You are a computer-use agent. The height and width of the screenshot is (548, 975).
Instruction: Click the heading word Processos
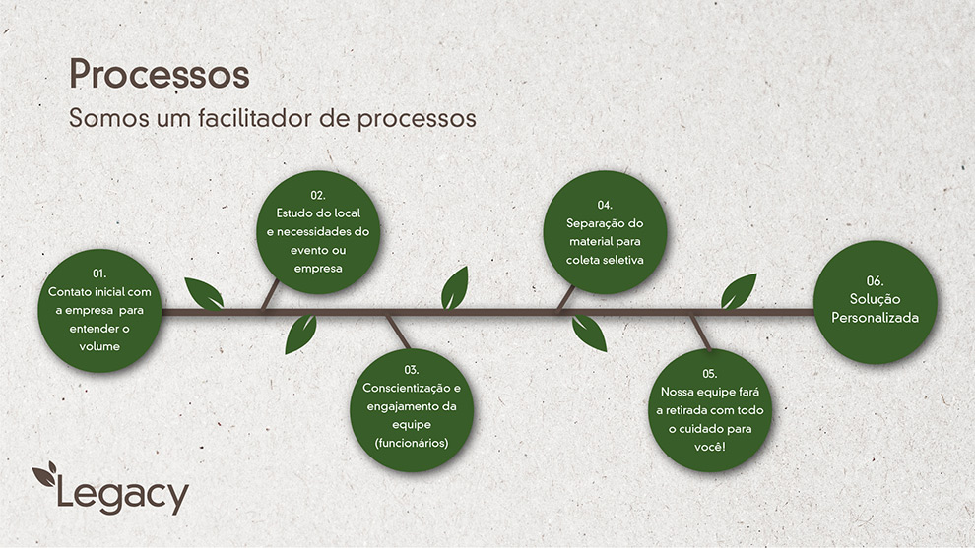click(160, 75)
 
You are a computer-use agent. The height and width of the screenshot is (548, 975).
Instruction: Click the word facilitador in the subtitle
click(255, 117)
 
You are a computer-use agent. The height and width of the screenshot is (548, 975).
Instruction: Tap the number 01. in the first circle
click(99, 274)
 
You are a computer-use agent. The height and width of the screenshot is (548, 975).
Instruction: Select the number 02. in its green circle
click(318, 195)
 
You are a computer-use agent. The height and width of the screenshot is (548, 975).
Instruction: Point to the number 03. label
click(411, 370)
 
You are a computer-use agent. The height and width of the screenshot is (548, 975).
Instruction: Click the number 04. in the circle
click(605, 205)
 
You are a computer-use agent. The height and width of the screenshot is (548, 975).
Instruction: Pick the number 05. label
click(709, 374)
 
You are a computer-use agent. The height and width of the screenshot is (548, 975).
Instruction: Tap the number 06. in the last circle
click(875, 280)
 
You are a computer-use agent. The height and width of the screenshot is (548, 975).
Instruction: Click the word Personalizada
click(875, 318)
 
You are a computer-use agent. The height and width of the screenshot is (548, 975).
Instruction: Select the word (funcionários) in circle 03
click(411, 443)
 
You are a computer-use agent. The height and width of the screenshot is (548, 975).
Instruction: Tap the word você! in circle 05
click(709, 447)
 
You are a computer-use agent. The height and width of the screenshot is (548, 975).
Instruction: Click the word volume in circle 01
click(99, 346)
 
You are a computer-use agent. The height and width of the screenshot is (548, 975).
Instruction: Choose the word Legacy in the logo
click(122, 495)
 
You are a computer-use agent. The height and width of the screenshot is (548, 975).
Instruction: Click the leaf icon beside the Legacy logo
click(45, 474)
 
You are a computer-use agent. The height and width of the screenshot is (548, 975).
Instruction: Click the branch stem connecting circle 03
click(398, 332)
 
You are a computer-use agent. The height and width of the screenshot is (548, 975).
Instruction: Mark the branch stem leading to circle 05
click(701, 333)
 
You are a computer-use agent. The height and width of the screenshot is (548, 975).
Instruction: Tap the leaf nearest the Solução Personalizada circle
click(739, 291)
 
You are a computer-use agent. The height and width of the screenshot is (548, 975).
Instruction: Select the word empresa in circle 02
click(318, 269)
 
